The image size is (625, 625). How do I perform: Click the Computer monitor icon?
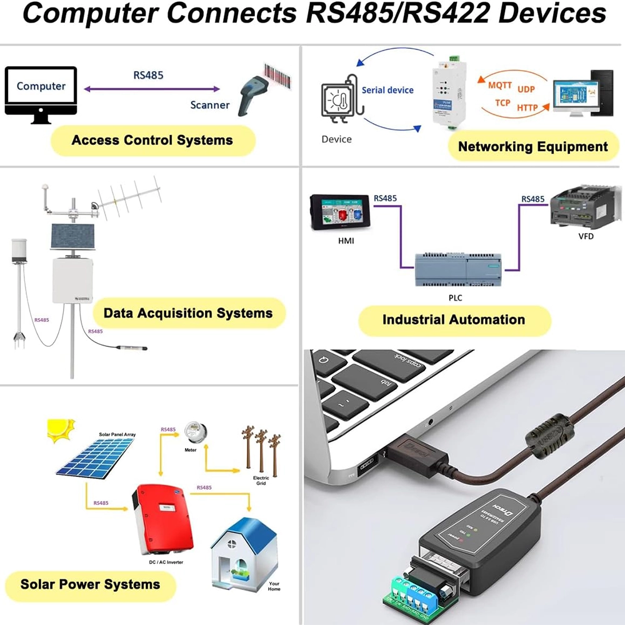pyautogui.click(x=41, y=91)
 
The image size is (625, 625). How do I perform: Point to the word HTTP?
pyautogui.click(x=527, y=108)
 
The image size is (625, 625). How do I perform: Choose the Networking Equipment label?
pyautogui.click(x=532, y=147)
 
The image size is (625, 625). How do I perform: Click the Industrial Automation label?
pyautogui.click(x=454, y=320)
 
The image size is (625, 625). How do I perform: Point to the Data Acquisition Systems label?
pyautogui.click(x=188, y=313)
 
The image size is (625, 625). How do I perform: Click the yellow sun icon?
pyautogui.click(x=60, y=431)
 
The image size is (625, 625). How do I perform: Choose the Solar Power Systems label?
pyautogui.click(x=90, y=585)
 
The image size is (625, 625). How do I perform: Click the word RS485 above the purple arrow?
pyautogui.click(x=148, y=76)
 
